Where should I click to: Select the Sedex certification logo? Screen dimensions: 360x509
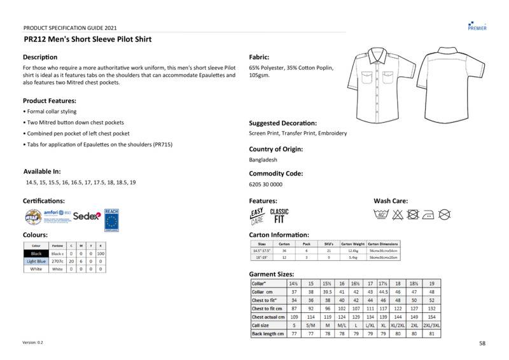click(87, 216)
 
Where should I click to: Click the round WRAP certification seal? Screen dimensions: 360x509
click(33, 217)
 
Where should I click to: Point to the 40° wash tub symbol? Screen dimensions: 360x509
click(382, 214)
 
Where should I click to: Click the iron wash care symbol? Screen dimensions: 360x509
click(429, 214)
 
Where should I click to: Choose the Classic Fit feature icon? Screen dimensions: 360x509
click(279, 216)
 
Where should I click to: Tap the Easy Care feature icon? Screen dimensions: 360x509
click(257, 216)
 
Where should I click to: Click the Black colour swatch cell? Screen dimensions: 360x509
click(36, 253)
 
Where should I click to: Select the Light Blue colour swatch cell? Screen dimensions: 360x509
click(36, 261)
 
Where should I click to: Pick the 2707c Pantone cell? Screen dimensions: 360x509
click(57, 261)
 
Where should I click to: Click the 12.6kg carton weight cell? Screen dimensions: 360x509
click(353, 251)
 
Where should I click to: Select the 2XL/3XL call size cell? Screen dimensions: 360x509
click(432, 325)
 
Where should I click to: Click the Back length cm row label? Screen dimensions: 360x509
click(268, 333)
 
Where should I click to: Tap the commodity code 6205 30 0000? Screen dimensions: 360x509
click(265, 184)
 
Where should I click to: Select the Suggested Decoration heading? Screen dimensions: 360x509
click(282, 123)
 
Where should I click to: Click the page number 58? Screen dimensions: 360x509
click(482, 343)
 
